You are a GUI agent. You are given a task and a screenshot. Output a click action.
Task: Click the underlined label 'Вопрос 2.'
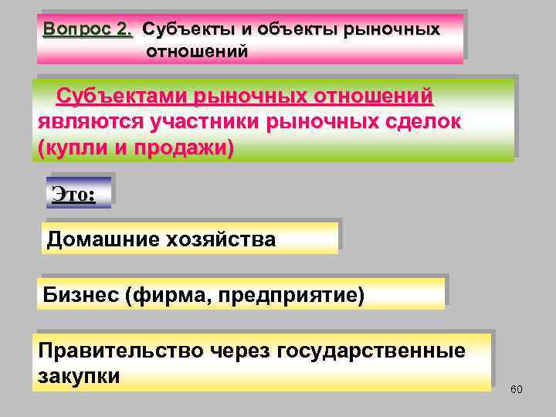tap(88, 30)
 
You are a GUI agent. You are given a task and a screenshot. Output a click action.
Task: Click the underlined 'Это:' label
tap(73, 193)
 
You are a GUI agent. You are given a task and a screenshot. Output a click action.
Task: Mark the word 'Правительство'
tap(120, 351)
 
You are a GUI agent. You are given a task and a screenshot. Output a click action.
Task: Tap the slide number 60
tap(517, 388)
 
